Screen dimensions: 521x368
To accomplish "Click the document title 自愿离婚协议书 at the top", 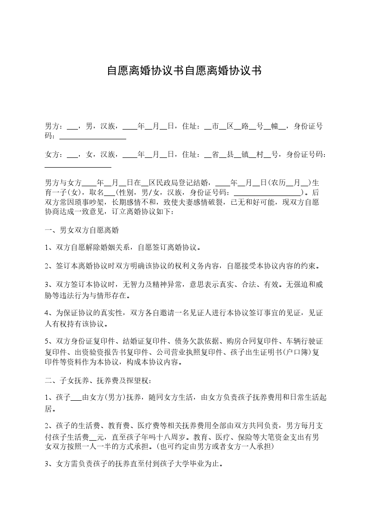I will (x=184, y=71).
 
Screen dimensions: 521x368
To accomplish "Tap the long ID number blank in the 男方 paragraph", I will (x=93, y=137).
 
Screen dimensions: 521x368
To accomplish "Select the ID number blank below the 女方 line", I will (x=78, y=165).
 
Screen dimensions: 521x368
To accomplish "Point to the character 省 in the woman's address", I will (x=215, y=155).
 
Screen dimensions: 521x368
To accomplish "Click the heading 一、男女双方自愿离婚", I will (x=84, y=230).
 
